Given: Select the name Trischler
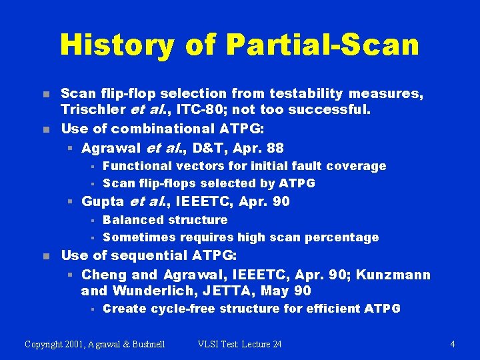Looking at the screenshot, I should point(91,110).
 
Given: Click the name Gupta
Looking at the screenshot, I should point(103,201).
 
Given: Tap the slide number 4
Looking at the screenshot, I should point(453,344).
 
